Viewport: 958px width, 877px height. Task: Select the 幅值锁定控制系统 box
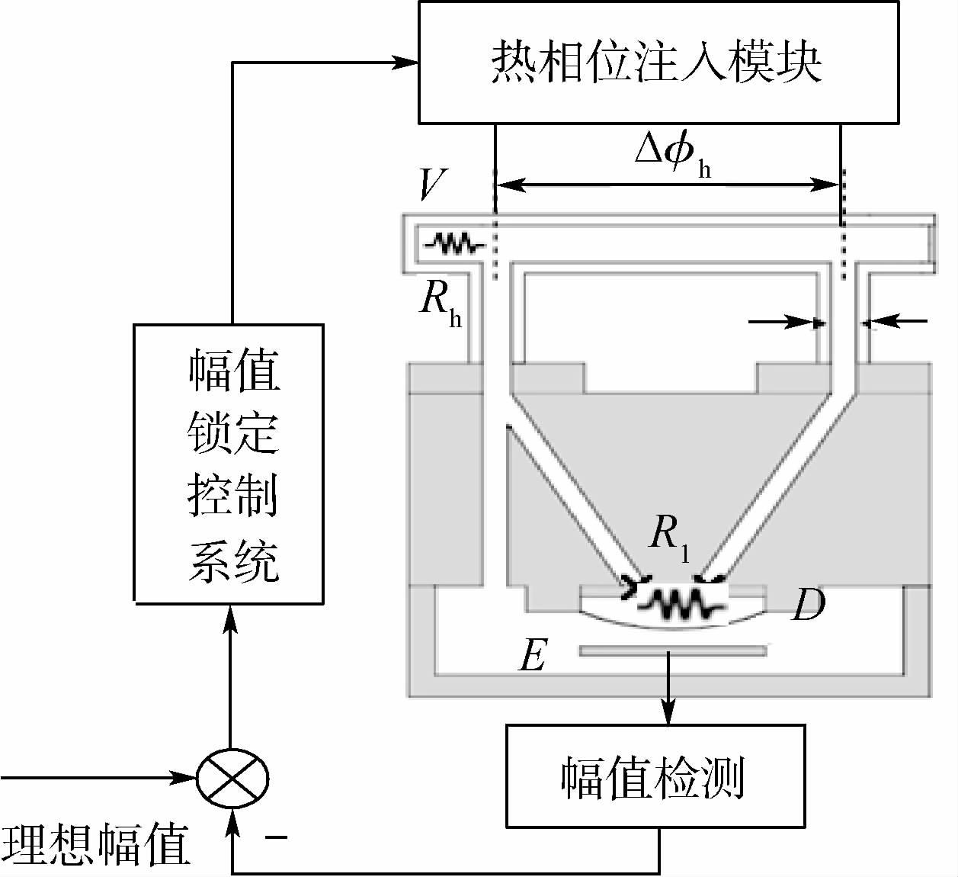pyautogui.click(x=229, y=462)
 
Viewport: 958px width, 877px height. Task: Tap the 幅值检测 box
pyautogui.click(x=655, y=775)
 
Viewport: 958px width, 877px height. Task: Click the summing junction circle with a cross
pyautogui.click(x=232, y=779)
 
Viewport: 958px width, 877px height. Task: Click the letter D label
pyautogui.click(x=808, y=606)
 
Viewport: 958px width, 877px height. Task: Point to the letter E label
pyautogui.click(x=532, y=654)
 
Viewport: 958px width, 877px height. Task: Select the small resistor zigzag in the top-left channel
pyautogui.click(x=454, y=244)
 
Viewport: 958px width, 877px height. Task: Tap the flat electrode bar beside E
pyautogui.click(x=672, y=651)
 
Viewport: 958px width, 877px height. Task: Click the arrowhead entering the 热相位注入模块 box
pyautogui.click(x=409, y=63)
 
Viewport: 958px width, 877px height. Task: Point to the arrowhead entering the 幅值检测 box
pyautogui.click(x=669, y=717)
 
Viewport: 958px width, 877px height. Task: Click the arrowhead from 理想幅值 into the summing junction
pyautogui.click(x=186, y=779)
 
